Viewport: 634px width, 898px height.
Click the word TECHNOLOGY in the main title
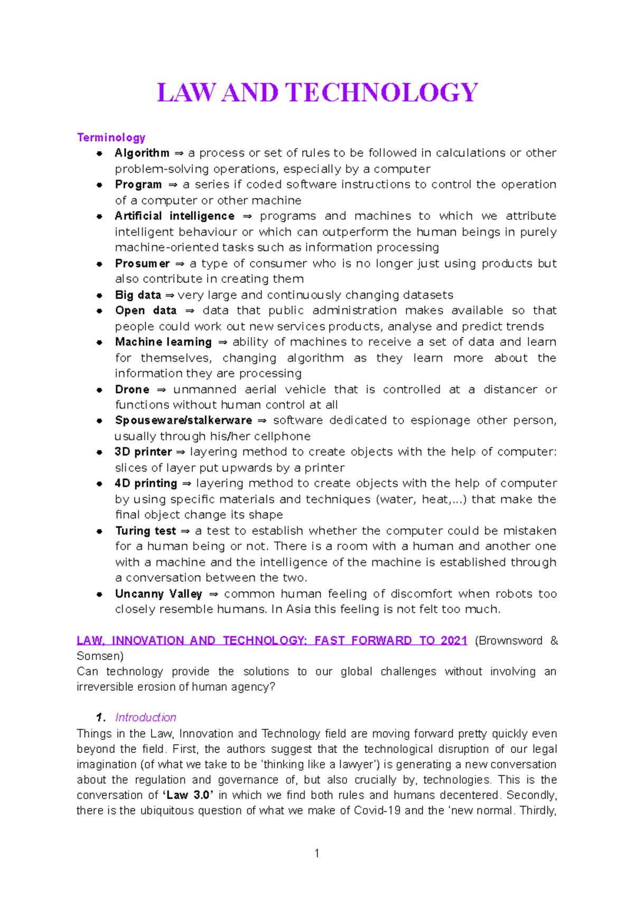381,93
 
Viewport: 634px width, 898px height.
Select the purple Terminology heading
111,138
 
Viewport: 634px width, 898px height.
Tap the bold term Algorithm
142,153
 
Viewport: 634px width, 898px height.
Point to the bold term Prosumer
142,263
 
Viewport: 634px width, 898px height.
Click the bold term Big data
138,295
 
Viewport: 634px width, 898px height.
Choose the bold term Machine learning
163,342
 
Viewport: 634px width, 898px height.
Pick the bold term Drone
132,390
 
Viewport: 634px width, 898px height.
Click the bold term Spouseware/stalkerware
183,420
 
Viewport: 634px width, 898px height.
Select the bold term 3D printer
143,452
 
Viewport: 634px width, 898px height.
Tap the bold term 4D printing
146,483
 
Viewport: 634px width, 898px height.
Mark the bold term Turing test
145,531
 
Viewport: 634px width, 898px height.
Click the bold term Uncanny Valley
158,594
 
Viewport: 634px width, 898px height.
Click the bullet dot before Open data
99,311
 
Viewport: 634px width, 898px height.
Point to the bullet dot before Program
99,185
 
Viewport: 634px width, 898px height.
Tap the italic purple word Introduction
145,718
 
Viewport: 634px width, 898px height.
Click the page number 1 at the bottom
316,853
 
